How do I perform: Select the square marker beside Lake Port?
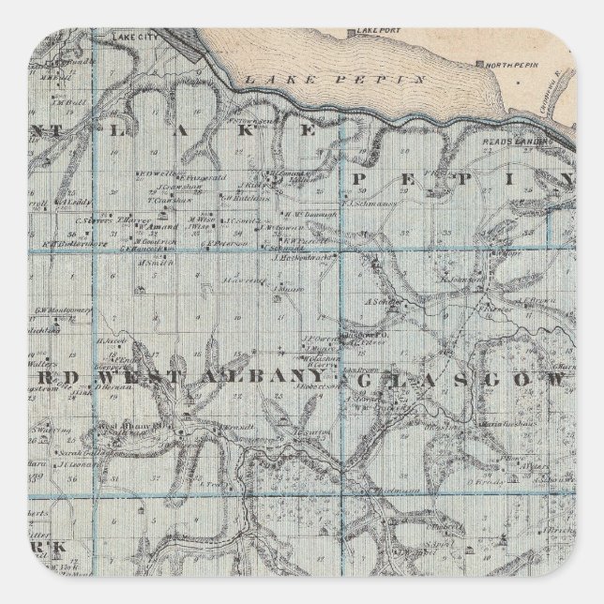point(353,35)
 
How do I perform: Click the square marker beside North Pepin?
point(481,65)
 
